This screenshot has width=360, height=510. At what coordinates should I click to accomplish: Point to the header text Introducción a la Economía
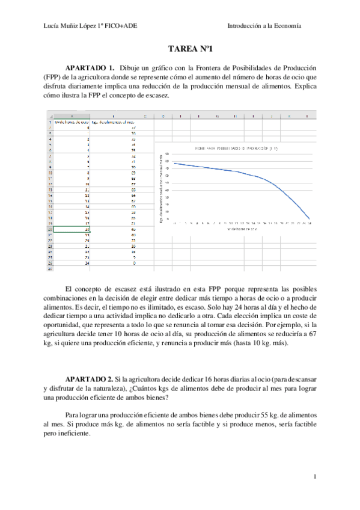click(x=264, y=26)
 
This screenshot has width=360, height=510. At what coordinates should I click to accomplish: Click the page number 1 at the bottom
click(x=315, y=477)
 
